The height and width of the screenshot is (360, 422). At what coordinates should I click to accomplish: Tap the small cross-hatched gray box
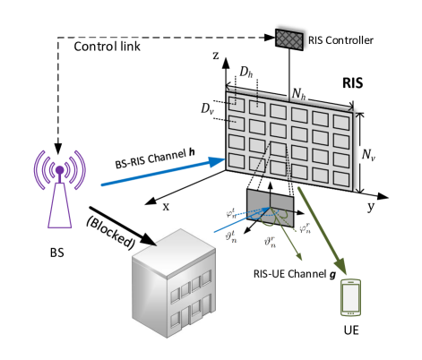(289, 39)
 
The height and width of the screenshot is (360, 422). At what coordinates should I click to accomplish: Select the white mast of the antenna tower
(60, 206)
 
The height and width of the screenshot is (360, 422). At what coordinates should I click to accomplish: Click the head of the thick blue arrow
(217, 161)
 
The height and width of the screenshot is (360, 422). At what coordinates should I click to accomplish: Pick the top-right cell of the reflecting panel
(341, 122)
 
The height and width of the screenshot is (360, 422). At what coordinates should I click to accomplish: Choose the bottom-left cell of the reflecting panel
(237, 160)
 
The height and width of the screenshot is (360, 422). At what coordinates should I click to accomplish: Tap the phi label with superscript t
(231, 213)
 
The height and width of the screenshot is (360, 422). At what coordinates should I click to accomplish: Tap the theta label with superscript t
(231, 236)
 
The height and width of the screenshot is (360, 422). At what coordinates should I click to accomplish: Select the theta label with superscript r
(270, 241)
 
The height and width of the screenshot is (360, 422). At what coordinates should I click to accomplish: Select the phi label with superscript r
(305, 227)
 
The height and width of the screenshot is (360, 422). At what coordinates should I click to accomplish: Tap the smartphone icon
(350, 297)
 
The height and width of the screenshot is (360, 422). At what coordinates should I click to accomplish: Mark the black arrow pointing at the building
(143, 240)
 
